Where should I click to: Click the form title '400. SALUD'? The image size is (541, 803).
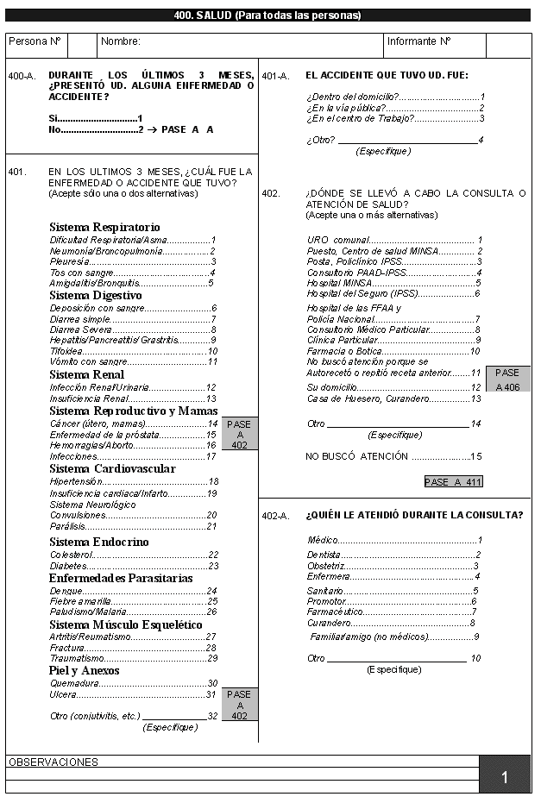click(x=267, y=15)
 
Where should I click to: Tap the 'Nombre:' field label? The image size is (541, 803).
click(x=121, y=41)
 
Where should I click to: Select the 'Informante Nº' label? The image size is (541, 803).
click(x=419, y=41)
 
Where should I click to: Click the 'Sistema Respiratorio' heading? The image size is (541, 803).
click(x=104, y=226)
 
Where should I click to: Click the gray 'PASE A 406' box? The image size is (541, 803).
click(x=507, y=380)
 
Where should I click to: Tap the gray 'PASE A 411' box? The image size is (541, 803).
click(x=453, y=482)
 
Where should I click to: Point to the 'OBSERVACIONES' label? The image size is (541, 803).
click(x=53, y=762)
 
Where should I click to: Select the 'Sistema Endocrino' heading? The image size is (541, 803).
click(x=98, y=542)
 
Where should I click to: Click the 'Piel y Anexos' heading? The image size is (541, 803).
click(x=84, y=670)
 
